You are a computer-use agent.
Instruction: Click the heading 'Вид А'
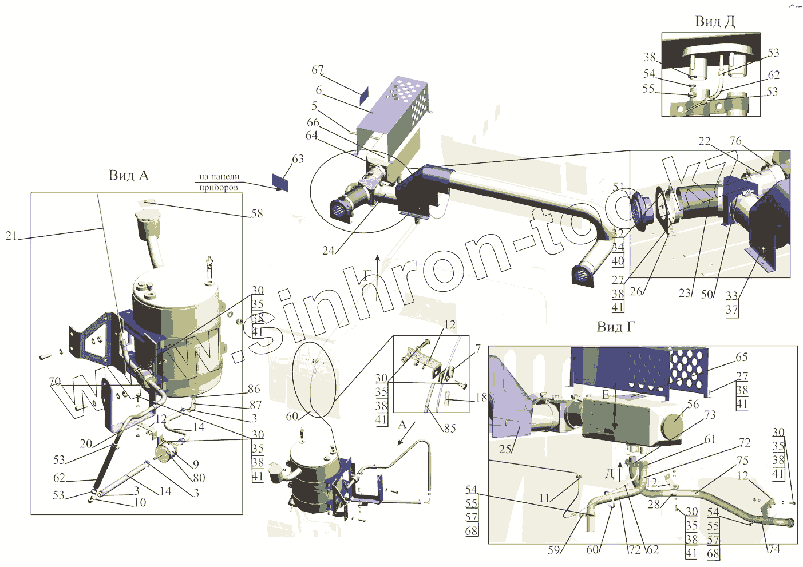coord(128,175)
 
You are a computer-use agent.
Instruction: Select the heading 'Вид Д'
coord(714,22)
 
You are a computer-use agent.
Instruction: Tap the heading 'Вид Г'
coord(616,327)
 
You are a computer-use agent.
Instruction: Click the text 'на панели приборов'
coord(219,182)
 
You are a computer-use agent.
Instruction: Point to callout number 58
coord(257,213)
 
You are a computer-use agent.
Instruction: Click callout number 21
coord(11,235)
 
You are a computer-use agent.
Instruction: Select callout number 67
coord(318,70)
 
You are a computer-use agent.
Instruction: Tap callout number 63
coord(298,159)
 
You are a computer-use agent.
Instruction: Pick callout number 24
coord(328,250)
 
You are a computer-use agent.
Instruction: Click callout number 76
coord(735,141)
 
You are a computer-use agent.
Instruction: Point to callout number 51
coord(618,187)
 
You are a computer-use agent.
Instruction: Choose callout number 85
coord(450,428)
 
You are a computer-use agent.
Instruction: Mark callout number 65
coord(741,357)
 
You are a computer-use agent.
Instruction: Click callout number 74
coord(774,549)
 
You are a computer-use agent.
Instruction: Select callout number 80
coord(199,478)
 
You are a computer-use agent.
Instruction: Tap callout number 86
coord(254,389)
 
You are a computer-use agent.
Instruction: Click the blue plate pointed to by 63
coord(280,183)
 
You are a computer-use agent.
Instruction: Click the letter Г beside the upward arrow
coord(367,275)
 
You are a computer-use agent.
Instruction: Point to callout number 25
coord(505,449)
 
